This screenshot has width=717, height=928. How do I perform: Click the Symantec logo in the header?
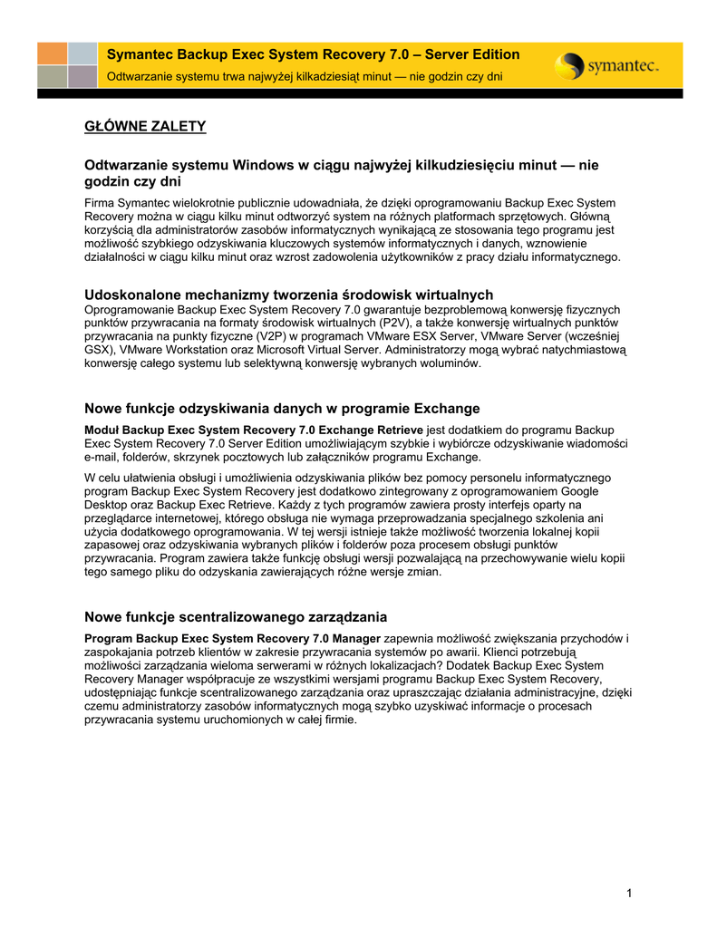[606, 65]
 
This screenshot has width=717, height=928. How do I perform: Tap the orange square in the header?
[52, 53]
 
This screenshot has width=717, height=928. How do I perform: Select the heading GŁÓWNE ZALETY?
[145, 126]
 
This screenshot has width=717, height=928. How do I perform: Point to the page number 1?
[629, 894]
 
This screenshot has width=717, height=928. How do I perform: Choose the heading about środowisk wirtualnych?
[288, 295]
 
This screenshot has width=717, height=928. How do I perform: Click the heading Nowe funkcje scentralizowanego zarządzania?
[236, 617]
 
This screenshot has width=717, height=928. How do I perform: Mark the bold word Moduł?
[102, 429]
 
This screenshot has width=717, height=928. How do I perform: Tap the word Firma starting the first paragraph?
[100, 202]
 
